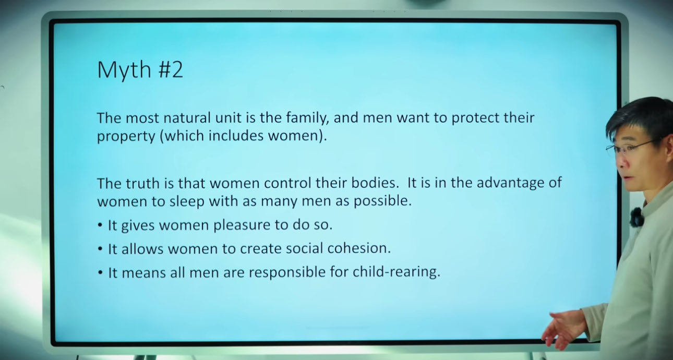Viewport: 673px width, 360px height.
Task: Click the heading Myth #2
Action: point(140,70)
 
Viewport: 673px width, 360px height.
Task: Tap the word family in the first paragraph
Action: point(306,118)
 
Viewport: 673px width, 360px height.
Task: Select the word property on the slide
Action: point(126,136)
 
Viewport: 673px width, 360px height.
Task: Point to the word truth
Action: point(142,183)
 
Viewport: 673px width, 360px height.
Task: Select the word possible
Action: point(382,201)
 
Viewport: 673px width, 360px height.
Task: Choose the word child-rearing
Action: point(396,272)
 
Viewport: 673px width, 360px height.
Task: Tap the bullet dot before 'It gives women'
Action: point(100,225)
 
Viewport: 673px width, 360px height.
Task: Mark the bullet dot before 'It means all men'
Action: point(100,272)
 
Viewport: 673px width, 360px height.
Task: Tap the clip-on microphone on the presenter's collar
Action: point(636,217)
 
